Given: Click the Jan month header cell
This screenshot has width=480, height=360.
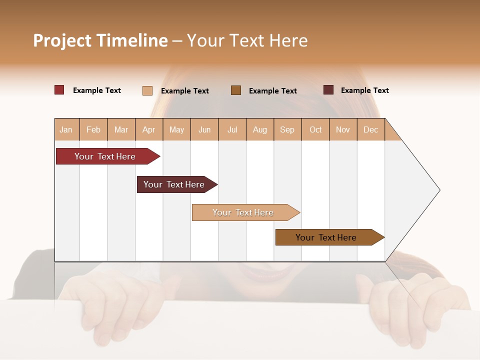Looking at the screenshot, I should tap(66, 129).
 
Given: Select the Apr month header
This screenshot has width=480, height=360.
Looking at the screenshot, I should tap(149, 129).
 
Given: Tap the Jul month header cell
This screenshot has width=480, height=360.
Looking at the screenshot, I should tap(232, 129).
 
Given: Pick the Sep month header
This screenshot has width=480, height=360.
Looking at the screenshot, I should tap(287, 129).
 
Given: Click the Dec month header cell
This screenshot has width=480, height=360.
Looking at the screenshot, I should tap(371, 129).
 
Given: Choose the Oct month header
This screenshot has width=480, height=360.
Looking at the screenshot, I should tap(315, 129).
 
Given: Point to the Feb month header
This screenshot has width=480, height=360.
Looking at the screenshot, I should tap(93, 129).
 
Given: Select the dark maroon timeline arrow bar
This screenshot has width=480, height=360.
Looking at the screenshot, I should tap(175, 184).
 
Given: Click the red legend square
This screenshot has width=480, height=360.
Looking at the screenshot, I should tap(59, 90).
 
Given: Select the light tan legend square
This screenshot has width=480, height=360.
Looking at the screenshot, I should tap(147, 90).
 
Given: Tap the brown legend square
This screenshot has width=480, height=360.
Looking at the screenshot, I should tap(236, 90).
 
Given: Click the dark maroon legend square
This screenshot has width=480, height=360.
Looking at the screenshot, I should tap(328, 90).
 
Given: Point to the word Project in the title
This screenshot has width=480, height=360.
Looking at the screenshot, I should tap(62, 40).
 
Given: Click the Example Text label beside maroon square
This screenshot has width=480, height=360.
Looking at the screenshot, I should tap(364, 90).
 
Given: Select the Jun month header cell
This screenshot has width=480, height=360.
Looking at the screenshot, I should tap(204, 129).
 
